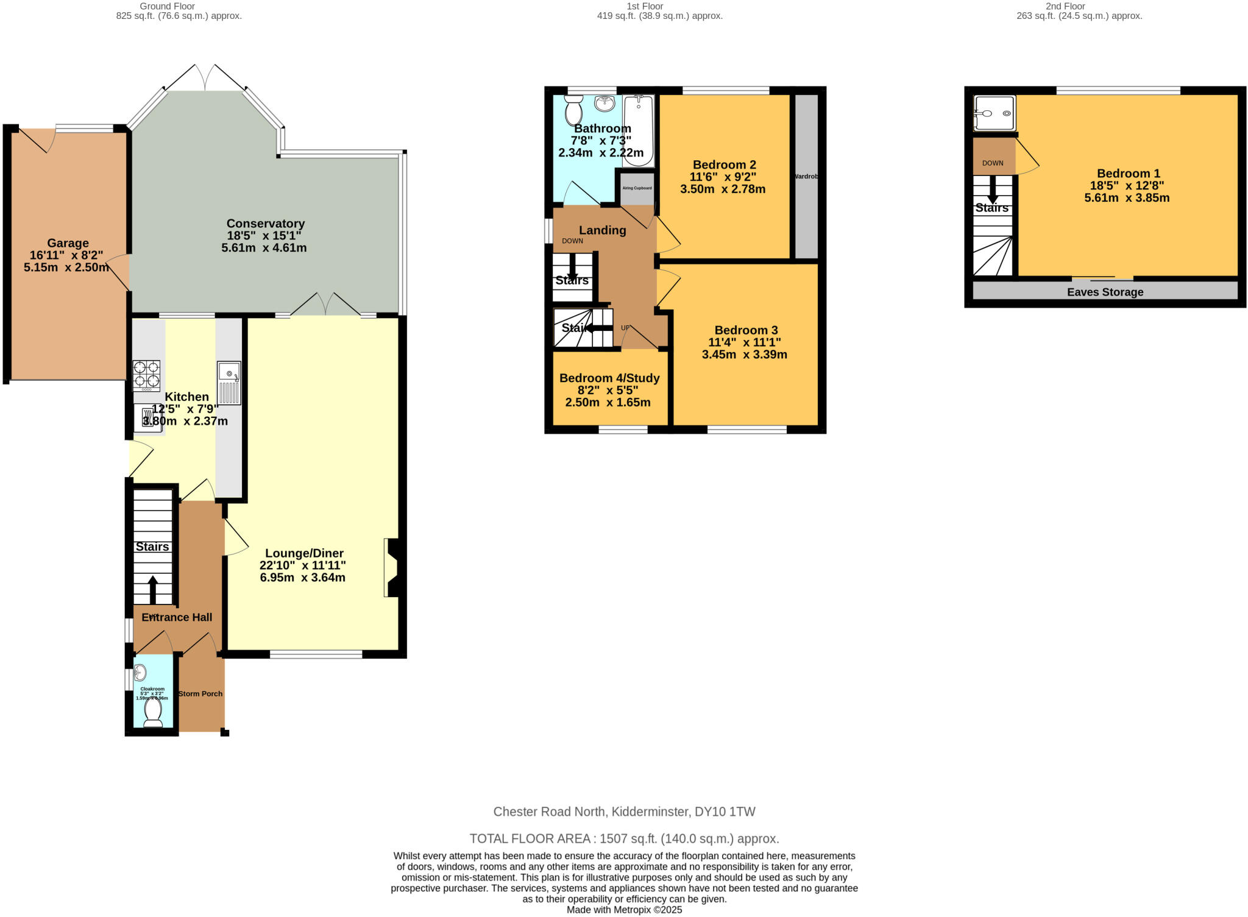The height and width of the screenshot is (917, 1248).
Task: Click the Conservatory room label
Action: point(265,224)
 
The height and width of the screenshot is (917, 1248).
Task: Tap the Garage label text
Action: point(68,243)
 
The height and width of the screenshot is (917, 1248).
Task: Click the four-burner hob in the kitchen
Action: point(146,375)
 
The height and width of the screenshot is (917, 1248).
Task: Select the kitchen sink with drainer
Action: point(229,383)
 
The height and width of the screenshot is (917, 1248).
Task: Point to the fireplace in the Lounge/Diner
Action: point(392,567)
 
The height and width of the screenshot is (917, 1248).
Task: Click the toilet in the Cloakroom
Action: point(153,712)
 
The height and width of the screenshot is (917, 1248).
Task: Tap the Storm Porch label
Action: point(200,694)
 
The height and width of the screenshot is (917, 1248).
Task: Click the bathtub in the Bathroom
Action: point(638,130)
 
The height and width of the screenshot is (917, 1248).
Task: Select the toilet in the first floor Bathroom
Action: point(573,110)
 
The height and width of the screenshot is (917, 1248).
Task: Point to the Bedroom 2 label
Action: point(725,165)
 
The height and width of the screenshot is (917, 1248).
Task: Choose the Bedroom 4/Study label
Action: point(609,378)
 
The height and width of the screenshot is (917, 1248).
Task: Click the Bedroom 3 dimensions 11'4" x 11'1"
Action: point(745,342)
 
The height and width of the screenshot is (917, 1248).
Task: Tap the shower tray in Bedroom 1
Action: point(994,113)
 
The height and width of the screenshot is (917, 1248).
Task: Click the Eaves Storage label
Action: point(1105,292)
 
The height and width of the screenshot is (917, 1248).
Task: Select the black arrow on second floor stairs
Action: point(993,189)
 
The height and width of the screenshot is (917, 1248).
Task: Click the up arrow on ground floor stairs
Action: point(152,589)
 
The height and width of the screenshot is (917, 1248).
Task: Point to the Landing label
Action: point(602,230)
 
